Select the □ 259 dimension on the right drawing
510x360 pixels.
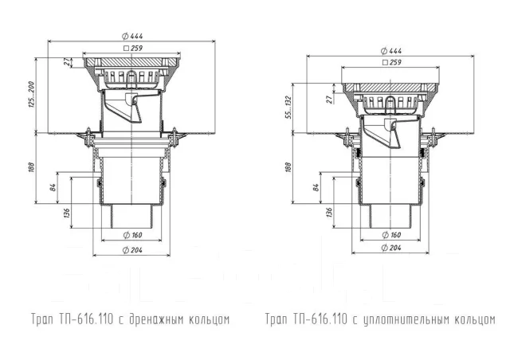[x=391, y=61]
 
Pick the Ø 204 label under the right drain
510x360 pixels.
[x=391, y=248]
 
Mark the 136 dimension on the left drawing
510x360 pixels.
[x=68, y=214]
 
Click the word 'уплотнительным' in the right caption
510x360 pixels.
[x=405, y=320]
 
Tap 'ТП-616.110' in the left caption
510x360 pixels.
[x=77, y=320]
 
